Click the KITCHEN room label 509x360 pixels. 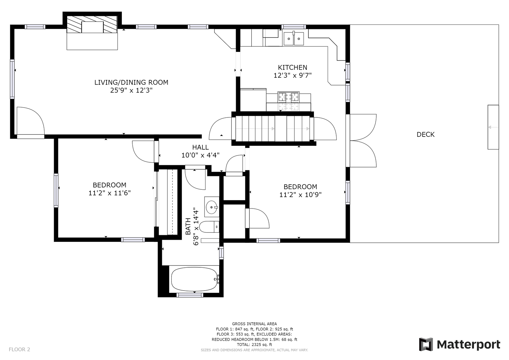pyautogui.click(x=292, y=67)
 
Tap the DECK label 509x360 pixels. pyautogui.click(x=425, y=134)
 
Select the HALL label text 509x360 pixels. pyautogui.click(x=200, y=147)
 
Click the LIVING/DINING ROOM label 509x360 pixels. pyautogui.click(x=131, y=82)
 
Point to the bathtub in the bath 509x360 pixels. pyautogui.click(x=194, y=279)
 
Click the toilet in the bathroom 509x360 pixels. pyautogui.click(x=209, y=227)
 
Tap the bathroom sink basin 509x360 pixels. pyautogui.click(x=212, y=207)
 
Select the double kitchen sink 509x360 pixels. pyautogui.click(x=294, y=39)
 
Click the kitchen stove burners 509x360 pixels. pyautogui.click(x=288, y=97)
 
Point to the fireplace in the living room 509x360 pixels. pyautogui.click(x=92, y=24)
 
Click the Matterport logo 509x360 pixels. pyautogui.click(x=459, y=344)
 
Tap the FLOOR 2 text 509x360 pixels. pyautogui.click(x=19, y=349)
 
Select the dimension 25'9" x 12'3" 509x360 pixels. pyautogui.click(x=131, y=90)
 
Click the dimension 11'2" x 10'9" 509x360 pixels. pyautogui.click(x=300, y=195)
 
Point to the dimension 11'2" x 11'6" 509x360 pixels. pyautogui.click(x=109, y=193)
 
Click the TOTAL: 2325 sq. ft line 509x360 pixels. pyautogui.click(x=254, y=344)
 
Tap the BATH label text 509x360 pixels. pyautogui.click(x=188, y=226)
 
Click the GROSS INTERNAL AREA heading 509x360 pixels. pyautogui.click(x=254, y=324)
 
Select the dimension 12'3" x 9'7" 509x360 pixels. pyautogui.click(x=292, y=75)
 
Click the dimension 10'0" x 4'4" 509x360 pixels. pyautogui.click(x=200, y=155)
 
